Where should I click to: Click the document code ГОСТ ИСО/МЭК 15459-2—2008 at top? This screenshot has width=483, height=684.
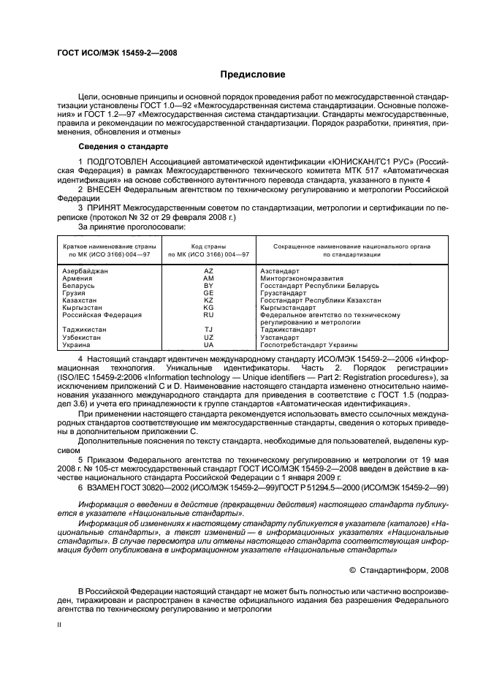(117, 53)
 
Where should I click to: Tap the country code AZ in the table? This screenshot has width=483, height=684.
(208, 270)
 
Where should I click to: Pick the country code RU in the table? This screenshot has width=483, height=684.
(208, 315)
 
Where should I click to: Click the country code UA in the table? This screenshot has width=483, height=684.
(208, 344)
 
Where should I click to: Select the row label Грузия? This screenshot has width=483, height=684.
(75, 293)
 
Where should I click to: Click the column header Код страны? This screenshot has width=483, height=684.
(208, 246)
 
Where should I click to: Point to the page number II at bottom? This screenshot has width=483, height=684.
(61, 626)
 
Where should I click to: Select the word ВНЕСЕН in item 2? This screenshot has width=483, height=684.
(107, 188)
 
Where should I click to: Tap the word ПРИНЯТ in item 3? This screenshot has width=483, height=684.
(107, 208)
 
